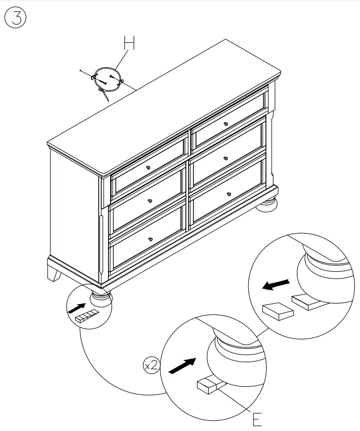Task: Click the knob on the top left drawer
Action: (x=148, y=168)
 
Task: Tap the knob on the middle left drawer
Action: (x=150, y=201)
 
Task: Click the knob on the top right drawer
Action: (x=226, y=124)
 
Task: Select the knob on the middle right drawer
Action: (x=226, y=159)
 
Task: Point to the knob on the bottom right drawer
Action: (x=228, y=194)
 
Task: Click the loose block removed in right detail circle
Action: (x=277, y=311)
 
